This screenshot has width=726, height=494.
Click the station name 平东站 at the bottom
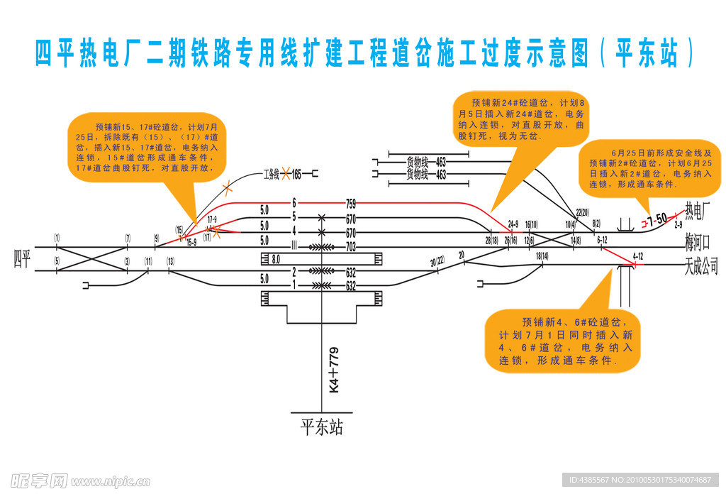pos(321,427)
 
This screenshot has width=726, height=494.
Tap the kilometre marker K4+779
pos(335,370)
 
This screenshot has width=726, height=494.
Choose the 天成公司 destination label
pos(701,267)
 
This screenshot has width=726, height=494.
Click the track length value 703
pos(350,247)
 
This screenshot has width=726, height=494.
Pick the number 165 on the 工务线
pos(296,173)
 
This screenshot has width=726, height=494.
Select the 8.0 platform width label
pos(276,259)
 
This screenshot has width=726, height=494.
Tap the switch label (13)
pos(170,261)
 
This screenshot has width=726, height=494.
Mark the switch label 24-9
pos(513,224)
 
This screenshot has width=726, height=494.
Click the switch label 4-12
pos(637,256)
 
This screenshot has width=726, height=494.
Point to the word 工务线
pos(272,173)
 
